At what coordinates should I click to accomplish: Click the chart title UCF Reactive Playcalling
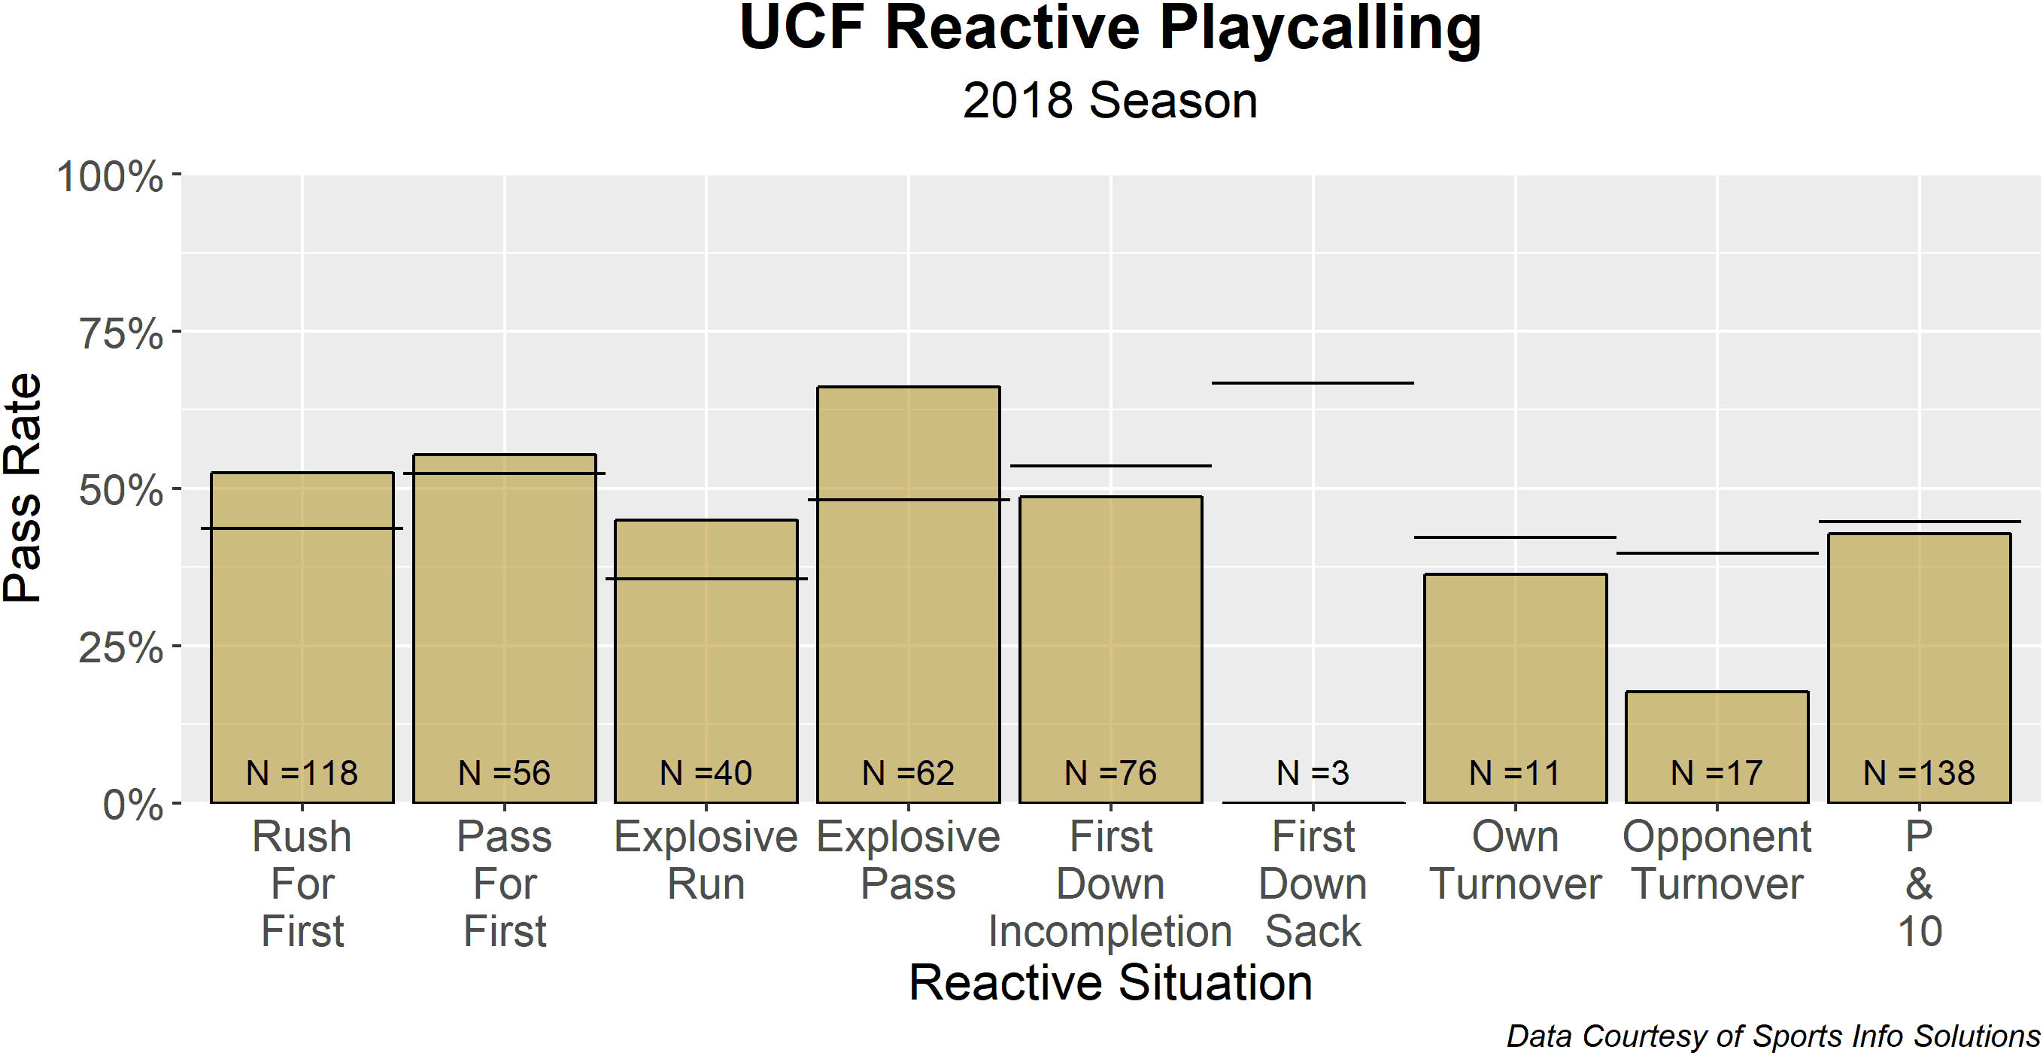pos(1110,29)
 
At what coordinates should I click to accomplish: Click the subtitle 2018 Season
pos(1110,101)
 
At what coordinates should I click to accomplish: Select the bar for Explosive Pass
pos(908,595)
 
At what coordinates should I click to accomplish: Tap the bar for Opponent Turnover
pos(1717,747)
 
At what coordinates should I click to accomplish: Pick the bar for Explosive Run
pos(706,661)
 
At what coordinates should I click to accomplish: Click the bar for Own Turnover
pos(1515,688)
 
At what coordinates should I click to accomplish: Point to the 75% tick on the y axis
pos(177,331)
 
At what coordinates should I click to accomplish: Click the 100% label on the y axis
pos(110,175)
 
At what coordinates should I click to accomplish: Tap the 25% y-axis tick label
pos(120,647)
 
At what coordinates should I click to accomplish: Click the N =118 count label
pos(302,773)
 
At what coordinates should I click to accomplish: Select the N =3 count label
pos(1313,773)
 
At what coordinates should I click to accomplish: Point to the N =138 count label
pos(1920,773)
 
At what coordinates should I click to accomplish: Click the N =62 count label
pos(908,773)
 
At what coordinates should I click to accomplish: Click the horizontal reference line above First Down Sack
pos(1313,383)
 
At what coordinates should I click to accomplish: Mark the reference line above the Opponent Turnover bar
pos(1717,553)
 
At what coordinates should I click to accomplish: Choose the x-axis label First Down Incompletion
pos(1110,883)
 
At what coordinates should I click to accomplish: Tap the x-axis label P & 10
pos(1920,883)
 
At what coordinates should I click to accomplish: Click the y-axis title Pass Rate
pos(23,488)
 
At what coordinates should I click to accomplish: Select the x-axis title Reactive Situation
pos(1110,982)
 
